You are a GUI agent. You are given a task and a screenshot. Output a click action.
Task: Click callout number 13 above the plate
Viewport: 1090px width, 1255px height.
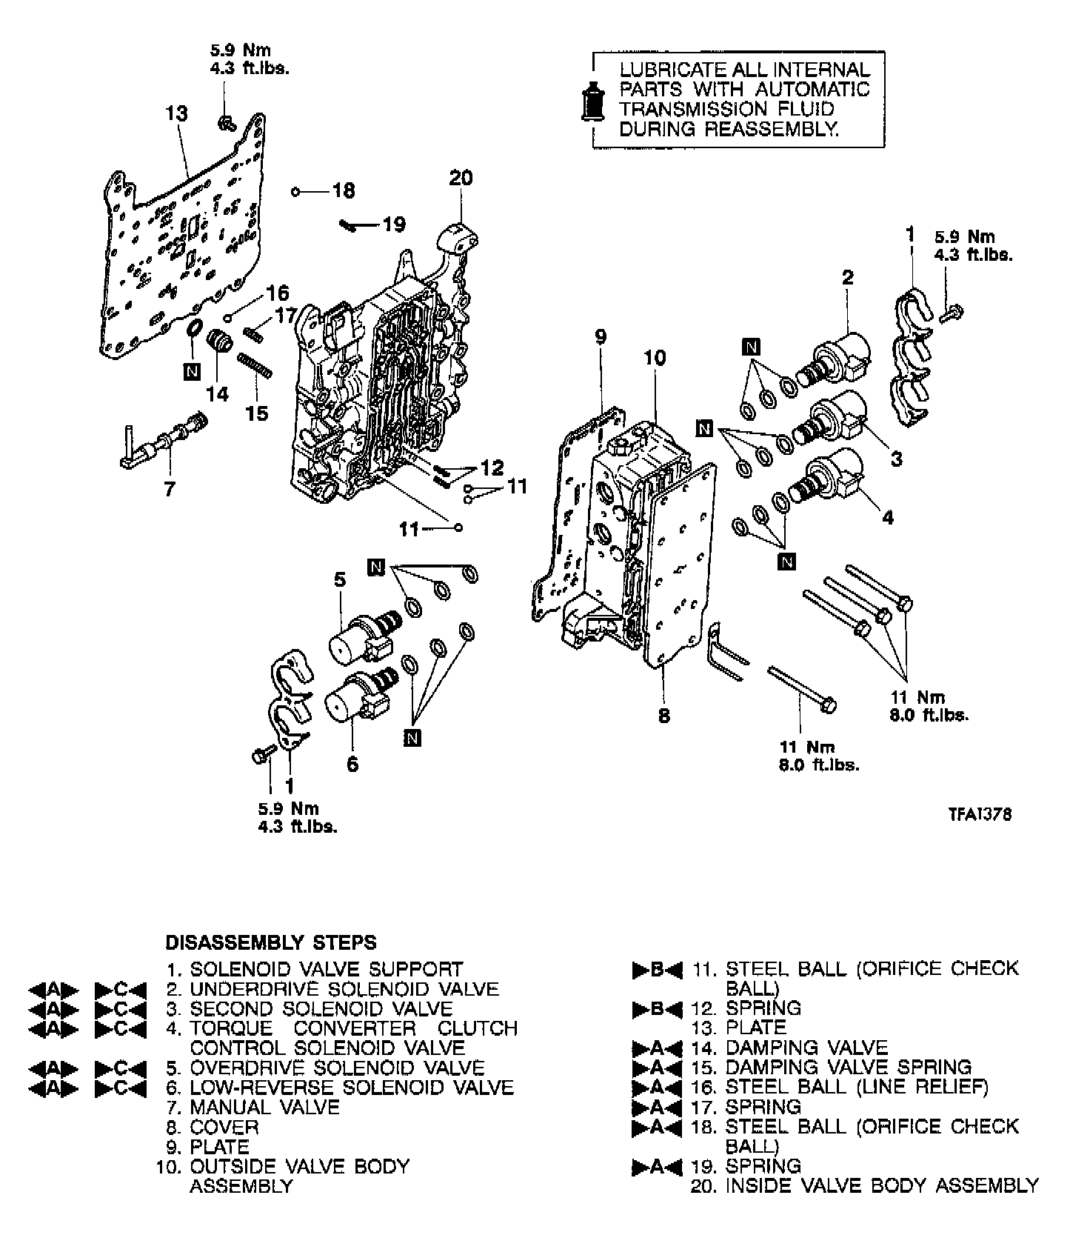[x=177, y=113]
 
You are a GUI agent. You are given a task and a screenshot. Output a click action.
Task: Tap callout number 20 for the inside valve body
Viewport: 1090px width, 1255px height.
[x=461, y=178]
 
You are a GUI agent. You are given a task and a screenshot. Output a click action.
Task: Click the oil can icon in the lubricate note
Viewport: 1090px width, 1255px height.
[x=592, y=99]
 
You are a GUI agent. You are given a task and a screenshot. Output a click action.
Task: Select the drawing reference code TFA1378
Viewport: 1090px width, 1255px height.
[x=980, y=814]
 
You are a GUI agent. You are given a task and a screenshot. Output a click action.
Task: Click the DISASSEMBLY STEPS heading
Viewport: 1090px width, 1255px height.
[x=271, y=942]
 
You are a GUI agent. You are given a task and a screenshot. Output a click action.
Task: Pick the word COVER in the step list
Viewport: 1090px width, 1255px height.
[x=224, y=1127]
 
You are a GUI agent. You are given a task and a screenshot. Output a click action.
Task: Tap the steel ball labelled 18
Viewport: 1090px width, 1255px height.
[x=295, y=192]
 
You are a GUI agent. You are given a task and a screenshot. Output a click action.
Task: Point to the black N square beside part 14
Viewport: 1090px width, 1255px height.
[x=192, y=372]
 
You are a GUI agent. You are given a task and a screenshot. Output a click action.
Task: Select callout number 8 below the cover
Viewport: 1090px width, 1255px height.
[x=663, y=716]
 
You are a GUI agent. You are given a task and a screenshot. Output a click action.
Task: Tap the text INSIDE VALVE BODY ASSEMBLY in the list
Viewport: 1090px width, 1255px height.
[x=882, y=1186]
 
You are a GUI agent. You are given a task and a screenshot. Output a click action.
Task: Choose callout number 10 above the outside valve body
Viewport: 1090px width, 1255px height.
[x=655, y=358]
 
